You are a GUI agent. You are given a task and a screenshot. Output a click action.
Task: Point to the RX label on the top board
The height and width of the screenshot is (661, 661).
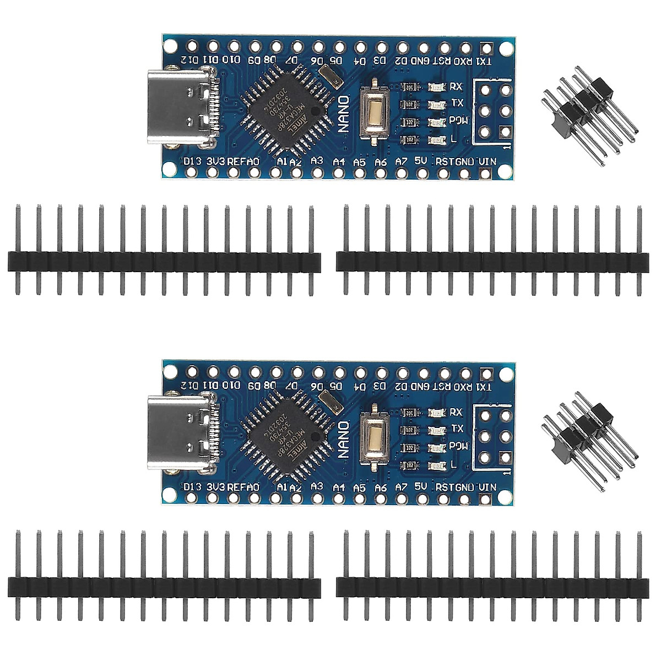tap(456, 86)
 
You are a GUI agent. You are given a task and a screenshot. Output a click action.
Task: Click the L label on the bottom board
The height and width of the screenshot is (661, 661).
tap(453, 464)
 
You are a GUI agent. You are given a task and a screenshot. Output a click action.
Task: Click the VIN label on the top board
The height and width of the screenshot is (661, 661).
tap(487, 161)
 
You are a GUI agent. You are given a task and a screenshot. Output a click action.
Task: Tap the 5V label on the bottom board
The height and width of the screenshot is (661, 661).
tap(421, 486)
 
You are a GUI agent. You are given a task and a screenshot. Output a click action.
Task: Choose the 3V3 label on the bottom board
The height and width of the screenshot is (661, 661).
tap(215, 487)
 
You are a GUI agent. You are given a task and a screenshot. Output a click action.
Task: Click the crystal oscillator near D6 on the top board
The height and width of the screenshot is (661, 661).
tap(330, 75)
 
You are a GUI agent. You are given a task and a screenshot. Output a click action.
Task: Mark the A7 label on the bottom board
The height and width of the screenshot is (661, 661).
tap(400, 487)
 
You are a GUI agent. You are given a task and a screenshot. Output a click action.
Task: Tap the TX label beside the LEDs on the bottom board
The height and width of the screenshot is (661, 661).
tap(457, 428)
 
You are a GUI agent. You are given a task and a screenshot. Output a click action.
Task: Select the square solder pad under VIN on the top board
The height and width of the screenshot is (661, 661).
tap(485, 174)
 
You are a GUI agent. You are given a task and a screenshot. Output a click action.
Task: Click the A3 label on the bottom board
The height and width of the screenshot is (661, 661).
tap(317, 486)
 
